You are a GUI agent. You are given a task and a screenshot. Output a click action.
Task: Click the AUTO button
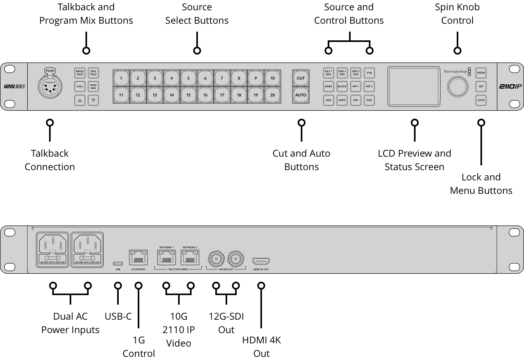(x=301, y=95)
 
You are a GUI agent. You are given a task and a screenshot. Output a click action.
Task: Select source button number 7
(x=222, y=78)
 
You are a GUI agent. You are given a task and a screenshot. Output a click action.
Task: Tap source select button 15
(x=188, y=95)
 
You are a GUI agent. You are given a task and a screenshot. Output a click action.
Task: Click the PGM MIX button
(x=93, y=87)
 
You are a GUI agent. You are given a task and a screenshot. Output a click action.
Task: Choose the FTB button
(x=369, y=73)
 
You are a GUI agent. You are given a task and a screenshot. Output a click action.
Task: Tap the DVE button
(x=369, y=100)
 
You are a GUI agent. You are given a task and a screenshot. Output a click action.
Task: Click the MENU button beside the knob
(x=481, y=73)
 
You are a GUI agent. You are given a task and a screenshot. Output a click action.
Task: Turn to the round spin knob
(x=458, y=86)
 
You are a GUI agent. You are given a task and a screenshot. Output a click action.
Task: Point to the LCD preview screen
(x=414, y=86)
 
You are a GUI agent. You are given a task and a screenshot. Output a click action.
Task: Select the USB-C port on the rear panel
(x=118, y=263)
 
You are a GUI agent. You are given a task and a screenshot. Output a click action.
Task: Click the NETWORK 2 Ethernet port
(x=190, y=258)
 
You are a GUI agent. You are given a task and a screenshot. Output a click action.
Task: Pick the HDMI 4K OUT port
(x=261, y=261)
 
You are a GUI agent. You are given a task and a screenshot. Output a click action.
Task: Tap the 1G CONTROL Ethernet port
(x=138, y=258)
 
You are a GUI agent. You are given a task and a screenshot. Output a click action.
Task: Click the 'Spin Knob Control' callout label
(x=457, y=14)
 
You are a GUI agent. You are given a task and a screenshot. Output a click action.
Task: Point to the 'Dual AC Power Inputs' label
(x=70, y=323)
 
